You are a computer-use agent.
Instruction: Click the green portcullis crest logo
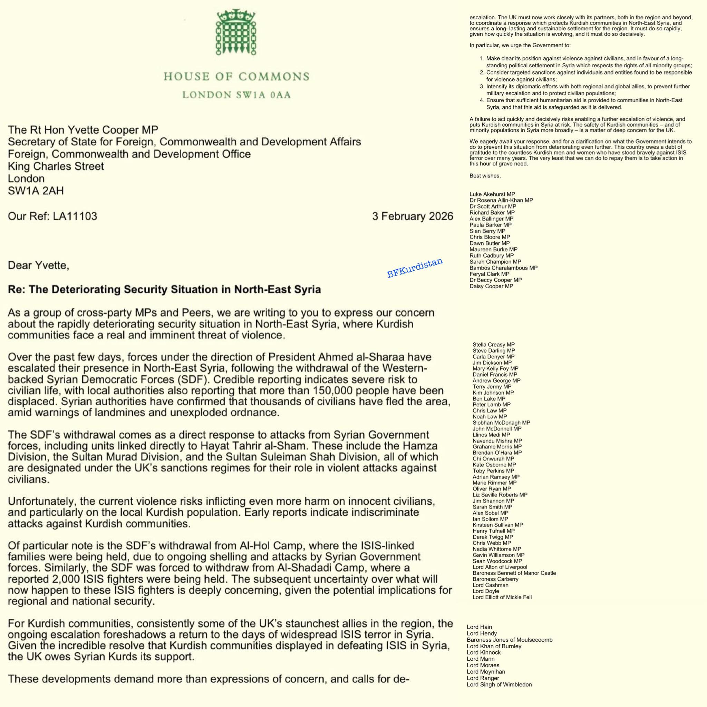236,33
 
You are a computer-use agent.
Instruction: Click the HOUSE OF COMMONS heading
236,77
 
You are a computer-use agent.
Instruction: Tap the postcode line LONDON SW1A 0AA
236,95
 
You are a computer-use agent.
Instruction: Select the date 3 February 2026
413,216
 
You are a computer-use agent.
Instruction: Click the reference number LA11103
75,216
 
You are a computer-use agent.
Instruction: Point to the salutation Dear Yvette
38,264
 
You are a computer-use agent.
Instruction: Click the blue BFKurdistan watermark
415,268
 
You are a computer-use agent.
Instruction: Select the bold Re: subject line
164,289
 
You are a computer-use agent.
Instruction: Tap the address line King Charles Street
56,166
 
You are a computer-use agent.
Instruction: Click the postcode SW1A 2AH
36,191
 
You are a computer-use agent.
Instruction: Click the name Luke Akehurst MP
492,194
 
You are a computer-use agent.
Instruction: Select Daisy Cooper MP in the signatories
491,286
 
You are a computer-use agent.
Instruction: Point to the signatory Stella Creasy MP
493,344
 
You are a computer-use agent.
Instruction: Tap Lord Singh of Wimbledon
499,684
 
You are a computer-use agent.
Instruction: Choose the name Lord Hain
479,627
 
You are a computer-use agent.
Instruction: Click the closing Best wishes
485,176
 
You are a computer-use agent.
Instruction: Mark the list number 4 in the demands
482,100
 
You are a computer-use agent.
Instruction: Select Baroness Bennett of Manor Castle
514,573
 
